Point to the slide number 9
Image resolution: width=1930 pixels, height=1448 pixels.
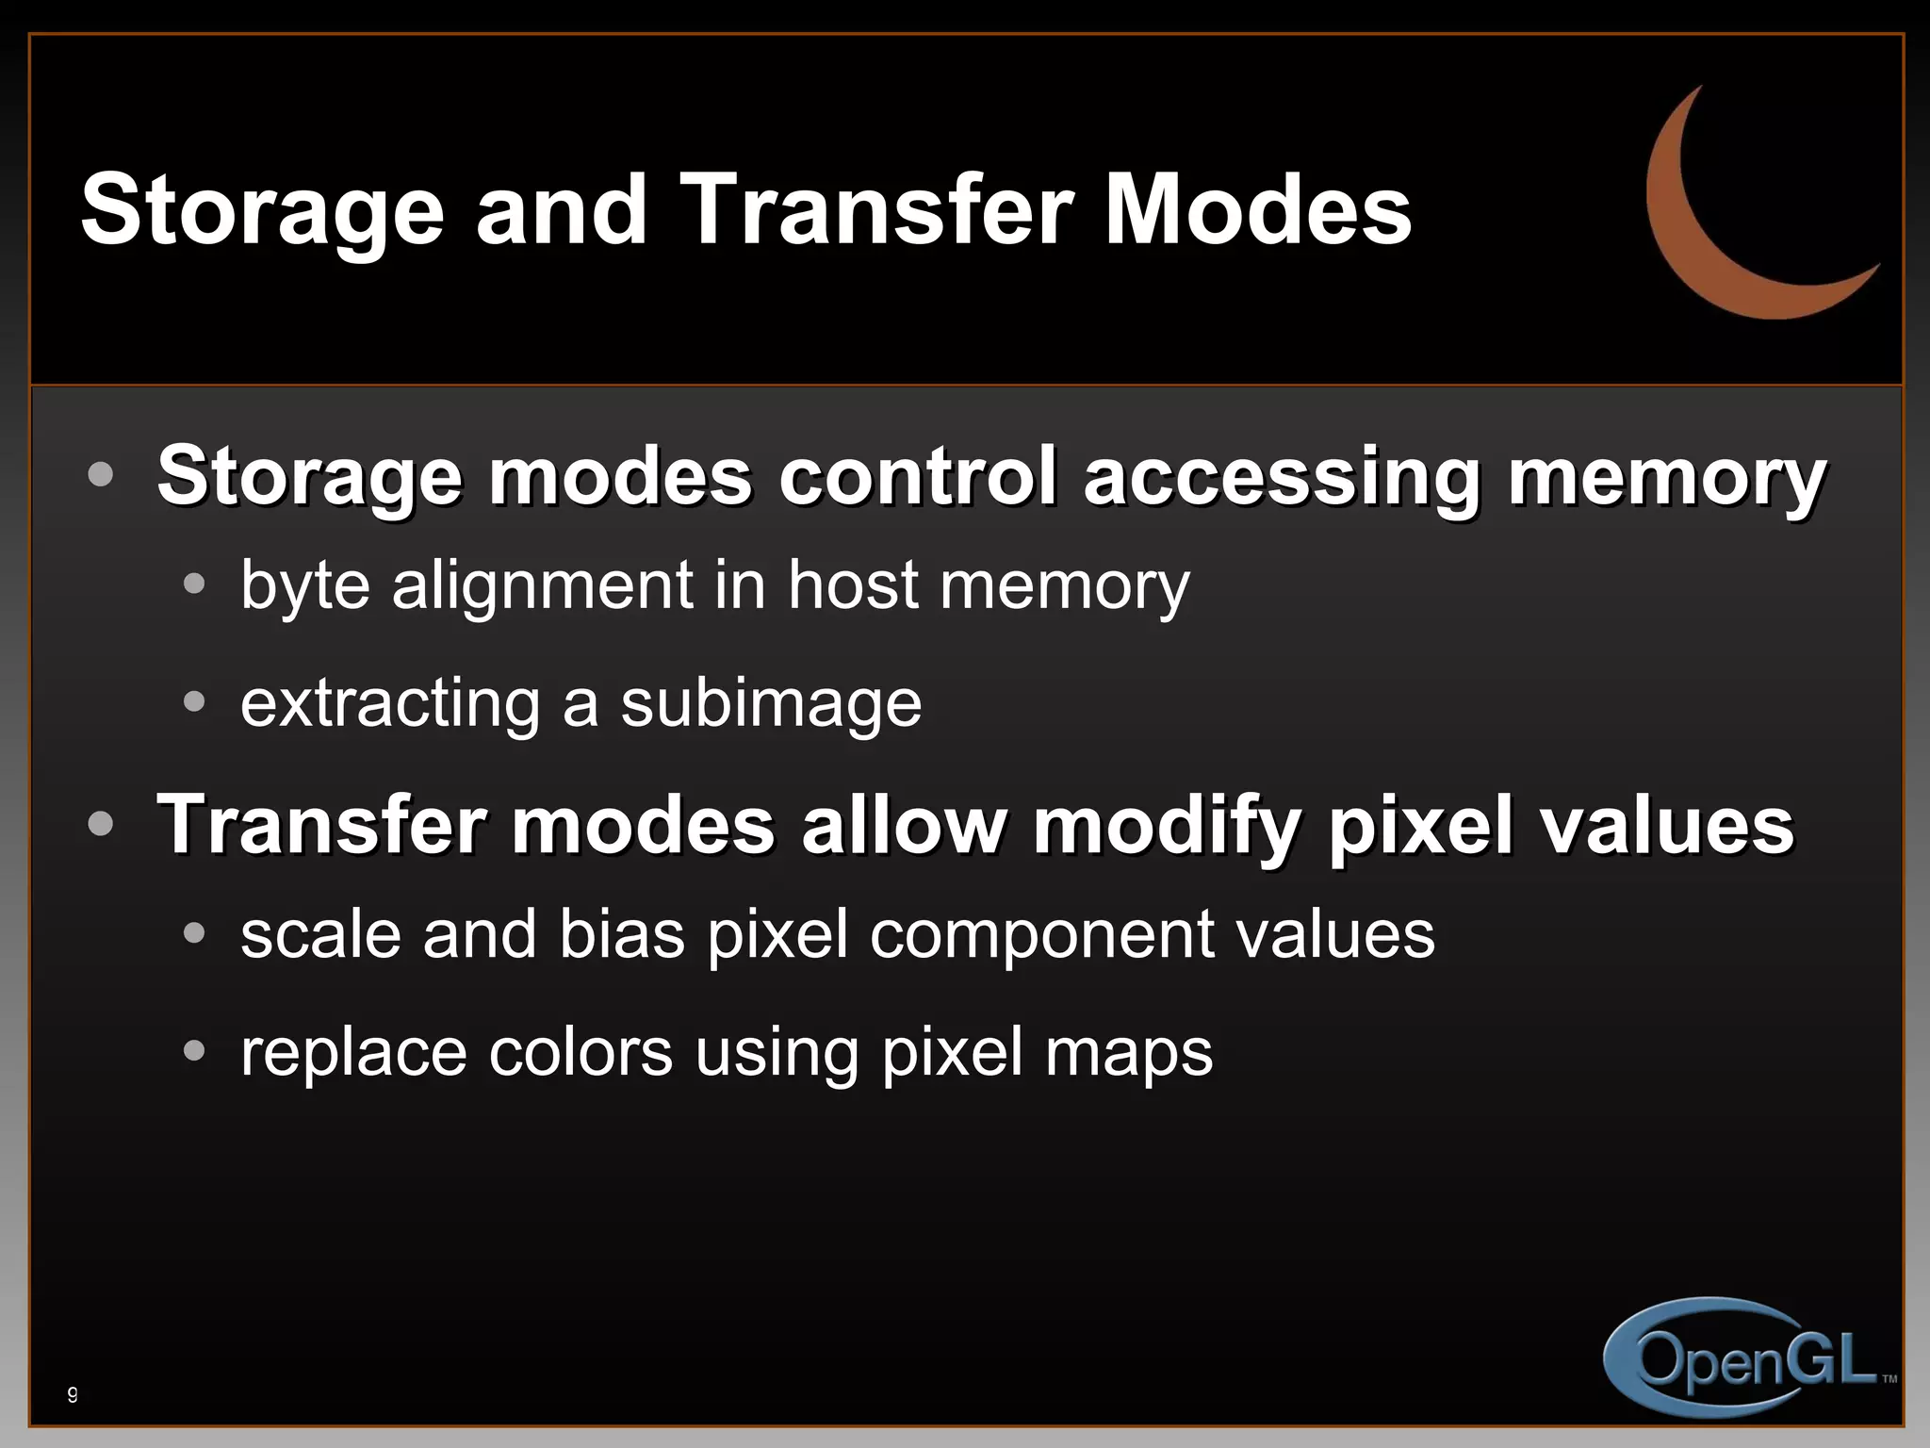(73, 1394)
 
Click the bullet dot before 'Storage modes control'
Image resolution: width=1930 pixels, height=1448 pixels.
(100, 473)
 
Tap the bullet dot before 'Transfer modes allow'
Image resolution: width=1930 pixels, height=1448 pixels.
(100, 824)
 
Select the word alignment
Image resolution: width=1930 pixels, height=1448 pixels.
(543, 585)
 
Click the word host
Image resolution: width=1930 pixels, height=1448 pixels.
(853, 585)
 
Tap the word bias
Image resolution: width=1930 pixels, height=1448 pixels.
(622, 934)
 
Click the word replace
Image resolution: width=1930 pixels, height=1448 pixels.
(353, 1052)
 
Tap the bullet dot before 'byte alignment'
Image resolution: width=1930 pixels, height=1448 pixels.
(194, 584)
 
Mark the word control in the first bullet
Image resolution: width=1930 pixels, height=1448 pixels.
(920, 475)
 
